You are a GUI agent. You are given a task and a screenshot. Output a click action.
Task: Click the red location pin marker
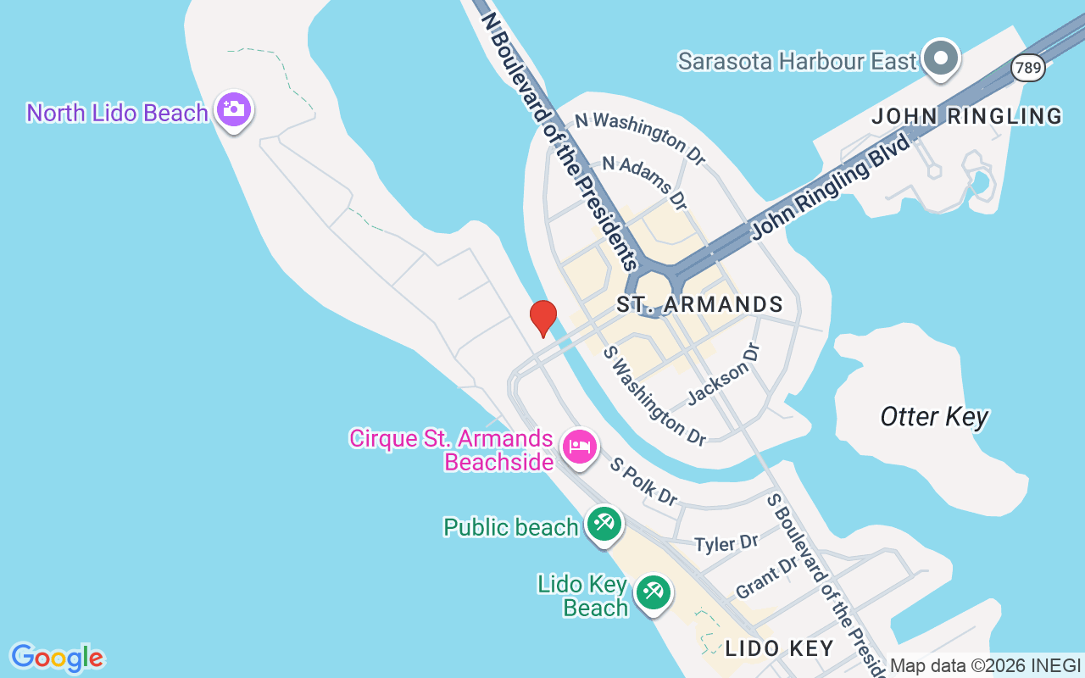point(542,318)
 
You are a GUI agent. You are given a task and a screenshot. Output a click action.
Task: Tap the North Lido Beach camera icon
point(233,110)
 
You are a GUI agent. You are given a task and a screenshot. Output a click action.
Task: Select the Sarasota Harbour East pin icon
point(941,59)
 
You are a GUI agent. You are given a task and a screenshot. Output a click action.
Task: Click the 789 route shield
point(1028,68)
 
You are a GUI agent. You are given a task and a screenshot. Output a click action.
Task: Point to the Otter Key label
point(934,417)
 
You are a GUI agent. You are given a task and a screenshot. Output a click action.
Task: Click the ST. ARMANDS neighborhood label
point(699,304)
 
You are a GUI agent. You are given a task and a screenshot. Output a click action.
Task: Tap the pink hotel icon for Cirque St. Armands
point(579,446)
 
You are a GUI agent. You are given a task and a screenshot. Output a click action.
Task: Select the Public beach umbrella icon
point(604,524)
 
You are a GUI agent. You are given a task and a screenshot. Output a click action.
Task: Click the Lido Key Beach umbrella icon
point(652,591)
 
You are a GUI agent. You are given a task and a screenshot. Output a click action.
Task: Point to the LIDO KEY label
point(779,649)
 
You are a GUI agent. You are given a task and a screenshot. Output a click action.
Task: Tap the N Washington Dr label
point(640,137)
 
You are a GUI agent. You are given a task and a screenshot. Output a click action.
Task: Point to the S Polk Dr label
point(644,483)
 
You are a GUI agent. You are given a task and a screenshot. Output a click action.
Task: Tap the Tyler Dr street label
point(726,543)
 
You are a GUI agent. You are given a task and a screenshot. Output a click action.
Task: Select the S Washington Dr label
point(654,396)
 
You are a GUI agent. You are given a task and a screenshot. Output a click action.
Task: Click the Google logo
point(57,658)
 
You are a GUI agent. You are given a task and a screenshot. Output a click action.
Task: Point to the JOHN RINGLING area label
point(967,116)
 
